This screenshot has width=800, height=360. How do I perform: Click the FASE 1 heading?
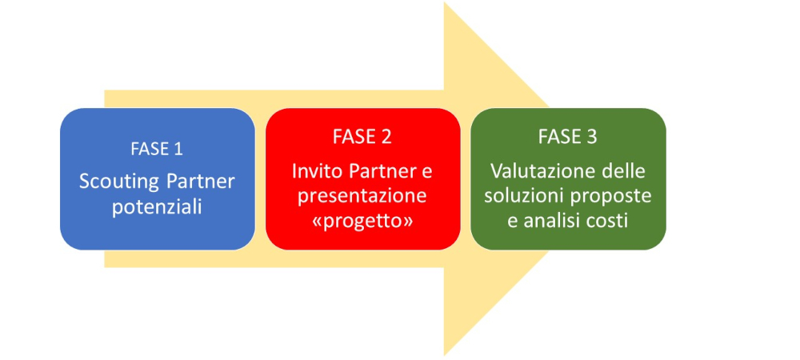click(157, 149)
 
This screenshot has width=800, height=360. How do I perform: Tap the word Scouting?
click(115, 182)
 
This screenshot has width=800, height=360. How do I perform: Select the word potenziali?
click(157, 206)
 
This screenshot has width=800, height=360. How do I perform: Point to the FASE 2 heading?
click(362, 137)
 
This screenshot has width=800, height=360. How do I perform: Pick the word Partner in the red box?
click(377, 171)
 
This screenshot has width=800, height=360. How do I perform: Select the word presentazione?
click(362, 195)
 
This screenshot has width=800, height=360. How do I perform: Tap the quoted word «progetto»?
click(362, 220)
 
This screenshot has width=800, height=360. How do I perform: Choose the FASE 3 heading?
click(568, 137)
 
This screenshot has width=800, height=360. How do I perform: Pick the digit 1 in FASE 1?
click(179, 149)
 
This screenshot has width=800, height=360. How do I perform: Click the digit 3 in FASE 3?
click(591, 137)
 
